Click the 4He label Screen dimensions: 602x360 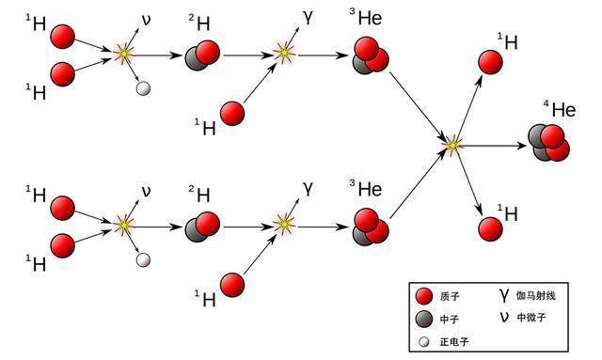tap(558, 109)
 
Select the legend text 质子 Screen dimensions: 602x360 tap(449, 298)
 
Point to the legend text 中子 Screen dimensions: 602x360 tap(449, 320)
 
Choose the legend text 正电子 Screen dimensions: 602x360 tap(451, 342)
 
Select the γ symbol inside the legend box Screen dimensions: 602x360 tap(504, 296)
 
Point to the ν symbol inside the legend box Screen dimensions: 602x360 tap(504, 317)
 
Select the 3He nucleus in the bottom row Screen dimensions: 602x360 tap(371, 226)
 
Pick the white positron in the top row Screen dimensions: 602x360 tap(143, 89)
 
